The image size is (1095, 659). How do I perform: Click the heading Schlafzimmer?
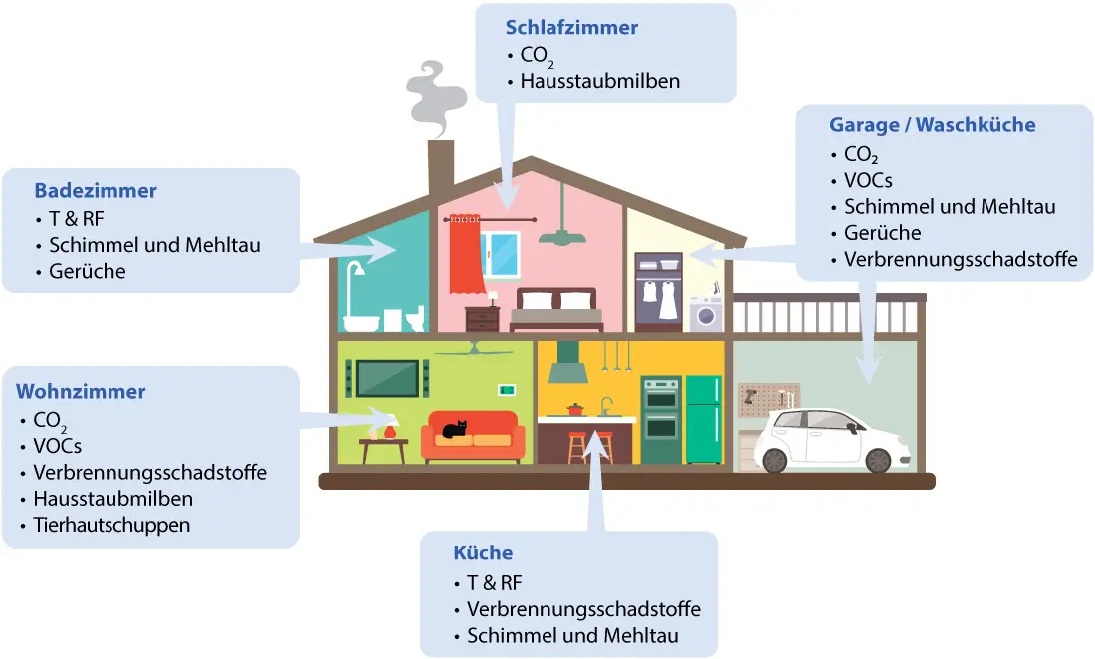point(570,27)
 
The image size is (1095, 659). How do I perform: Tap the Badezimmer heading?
point(96,190)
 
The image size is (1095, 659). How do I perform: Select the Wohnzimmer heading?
point(90,391)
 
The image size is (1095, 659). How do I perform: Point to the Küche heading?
point(483,553)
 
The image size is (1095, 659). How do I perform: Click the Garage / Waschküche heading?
point(932,125)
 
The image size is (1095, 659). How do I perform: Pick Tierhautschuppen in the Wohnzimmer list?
point(111,524)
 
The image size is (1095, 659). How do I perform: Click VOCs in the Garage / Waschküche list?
point(868,180)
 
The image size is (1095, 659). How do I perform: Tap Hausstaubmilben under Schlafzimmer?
point(599,81)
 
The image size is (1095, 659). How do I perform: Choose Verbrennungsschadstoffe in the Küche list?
point(583,608)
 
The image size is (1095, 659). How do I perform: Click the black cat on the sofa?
point(454,430)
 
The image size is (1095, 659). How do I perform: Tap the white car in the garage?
point(832,441)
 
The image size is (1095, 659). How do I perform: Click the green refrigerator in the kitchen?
point(704,419)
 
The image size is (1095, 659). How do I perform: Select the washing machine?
point(707,314)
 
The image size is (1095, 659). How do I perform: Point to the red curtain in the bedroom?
point(464,255)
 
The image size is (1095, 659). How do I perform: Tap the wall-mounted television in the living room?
point(388,378)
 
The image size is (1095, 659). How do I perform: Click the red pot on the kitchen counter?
point(575,409)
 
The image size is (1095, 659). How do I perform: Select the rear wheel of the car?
point(877,460)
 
